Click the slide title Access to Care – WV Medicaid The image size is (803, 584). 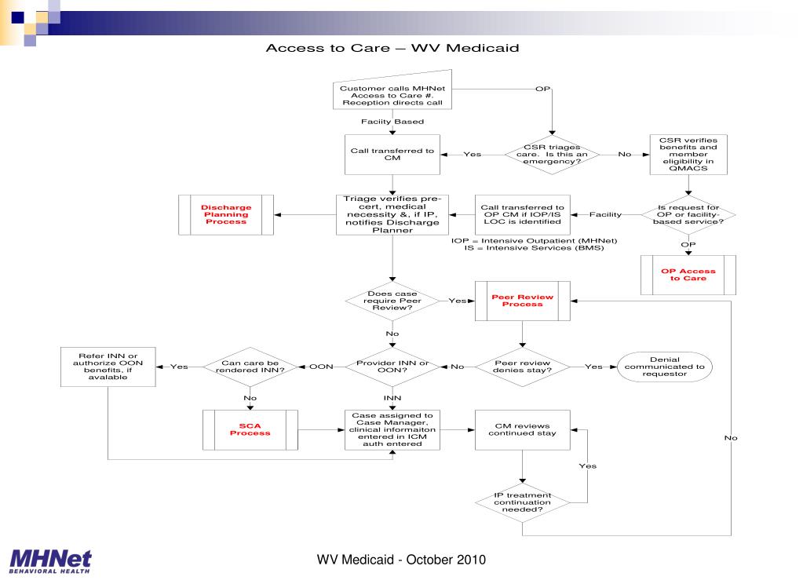point(392,48)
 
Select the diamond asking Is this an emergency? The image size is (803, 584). point(553,154)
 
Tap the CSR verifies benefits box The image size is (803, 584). point(688,154)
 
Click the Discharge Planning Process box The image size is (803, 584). point(228,215)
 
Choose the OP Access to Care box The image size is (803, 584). point(688,275)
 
